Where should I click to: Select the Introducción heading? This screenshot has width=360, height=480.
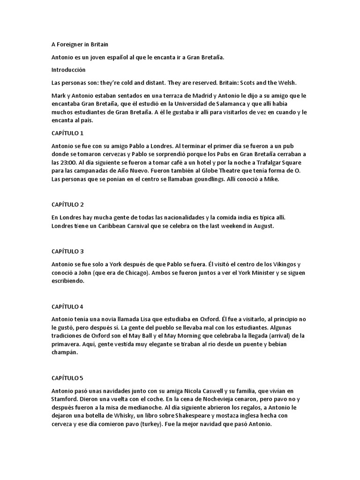pyautogui.click(x=68, y=70)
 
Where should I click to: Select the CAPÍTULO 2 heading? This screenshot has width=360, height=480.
pyautogui.click(x=67, y=205)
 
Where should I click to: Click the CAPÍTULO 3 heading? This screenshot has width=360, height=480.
pyautogui.click(x=67, y=252)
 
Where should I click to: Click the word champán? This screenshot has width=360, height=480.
pyautogui.click(x=64, y=353)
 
